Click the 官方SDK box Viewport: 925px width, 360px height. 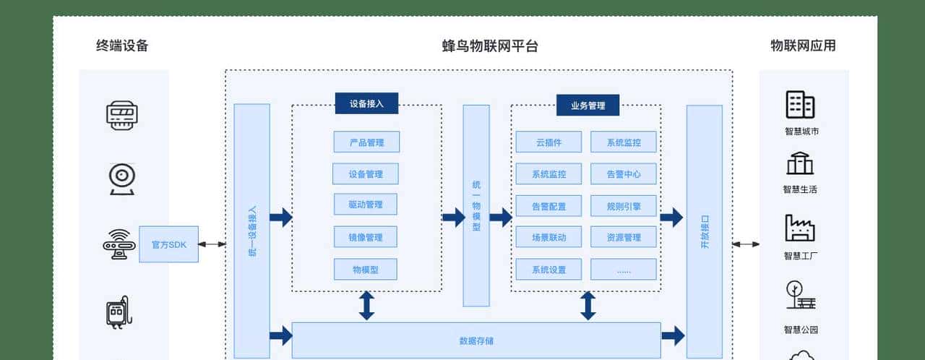168,244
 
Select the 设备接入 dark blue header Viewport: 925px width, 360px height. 366,103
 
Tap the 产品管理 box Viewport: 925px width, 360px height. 366,142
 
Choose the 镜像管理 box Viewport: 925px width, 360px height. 366,237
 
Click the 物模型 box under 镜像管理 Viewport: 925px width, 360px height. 366,270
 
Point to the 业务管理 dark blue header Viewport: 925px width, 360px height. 588,106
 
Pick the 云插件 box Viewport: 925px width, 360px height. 548,142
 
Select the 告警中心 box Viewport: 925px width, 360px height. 624,174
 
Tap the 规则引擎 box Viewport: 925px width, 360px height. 624,206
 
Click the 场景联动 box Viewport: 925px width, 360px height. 548,237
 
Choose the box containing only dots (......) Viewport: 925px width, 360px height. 624,270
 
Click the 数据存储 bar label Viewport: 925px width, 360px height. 476,340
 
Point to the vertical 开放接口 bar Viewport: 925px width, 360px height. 704,231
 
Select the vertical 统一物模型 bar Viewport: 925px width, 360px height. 476,206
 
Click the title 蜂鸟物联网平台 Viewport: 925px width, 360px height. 490,46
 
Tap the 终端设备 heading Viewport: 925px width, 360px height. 122,46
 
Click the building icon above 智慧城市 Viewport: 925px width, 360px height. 800,105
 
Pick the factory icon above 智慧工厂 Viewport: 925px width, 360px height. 800,228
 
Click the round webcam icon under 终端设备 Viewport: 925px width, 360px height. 122,178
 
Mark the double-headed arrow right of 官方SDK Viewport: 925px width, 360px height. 212,244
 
